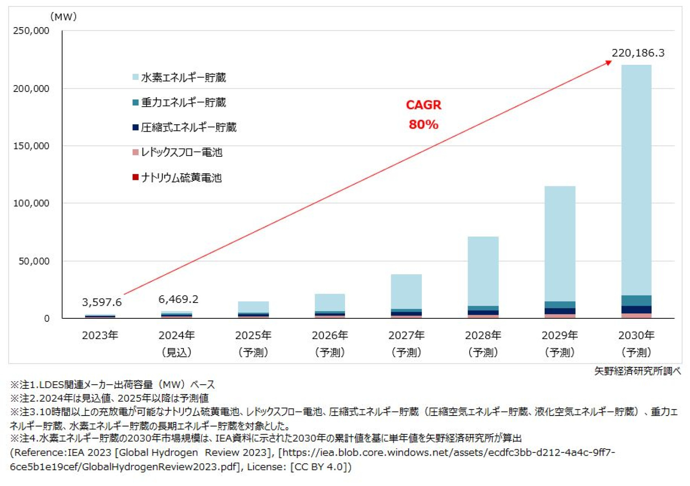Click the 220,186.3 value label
[x=638, y=53]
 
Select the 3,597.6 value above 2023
[x=102, y=302]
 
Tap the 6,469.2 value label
[x=178, y=299]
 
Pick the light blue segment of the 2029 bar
[x=560, y=243]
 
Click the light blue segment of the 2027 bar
[x=406, y=292]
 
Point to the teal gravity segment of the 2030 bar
[x=636, y=301]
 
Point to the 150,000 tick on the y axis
[x=31, y=146]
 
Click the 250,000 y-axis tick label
[x=31, y=31]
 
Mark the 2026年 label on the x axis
[x=330, y=335]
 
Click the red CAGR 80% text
[x=424, y=115]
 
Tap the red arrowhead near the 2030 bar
[x=608, y=62]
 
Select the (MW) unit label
[x=63, y=17]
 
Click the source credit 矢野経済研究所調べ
[x=637, y=371]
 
